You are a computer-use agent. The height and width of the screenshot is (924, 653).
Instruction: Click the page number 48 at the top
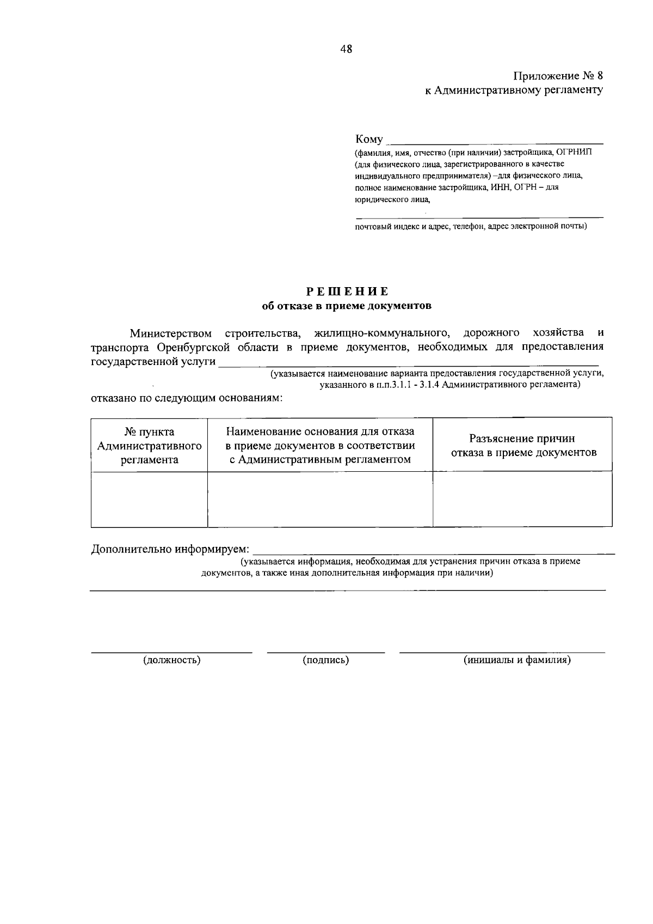[346, 49]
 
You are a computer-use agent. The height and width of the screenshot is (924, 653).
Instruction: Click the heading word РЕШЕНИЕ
[346, 291]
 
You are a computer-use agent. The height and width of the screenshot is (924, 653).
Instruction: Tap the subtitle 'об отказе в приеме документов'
[346, 306]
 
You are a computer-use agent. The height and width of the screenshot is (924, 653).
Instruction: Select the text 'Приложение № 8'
[558, 76]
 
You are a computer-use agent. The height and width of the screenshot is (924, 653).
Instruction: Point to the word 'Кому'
[369, 139]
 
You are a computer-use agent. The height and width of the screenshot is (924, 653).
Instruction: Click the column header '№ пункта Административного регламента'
[149, 446]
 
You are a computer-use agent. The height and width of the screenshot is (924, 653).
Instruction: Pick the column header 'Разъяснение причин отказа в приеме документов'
[522, 446]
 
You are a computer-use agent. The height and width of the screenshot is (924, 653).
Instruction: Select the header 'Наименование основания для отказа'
[320, 432]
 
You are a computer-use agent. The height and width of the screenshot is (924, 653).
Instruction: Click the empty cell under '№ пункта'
[149, 499]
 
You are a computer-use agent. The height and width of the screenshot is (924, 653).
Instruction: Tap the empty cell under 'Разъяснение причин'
[522, 499]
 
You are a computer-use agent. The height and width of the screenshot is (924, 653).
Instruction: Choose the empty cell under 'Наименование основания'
[320, 499]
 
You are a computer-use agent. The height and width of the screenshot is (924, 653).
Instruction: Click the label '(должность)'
[171, 660]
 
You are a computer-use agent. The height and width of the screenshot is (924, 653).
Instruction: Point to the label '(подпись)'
[325, 660]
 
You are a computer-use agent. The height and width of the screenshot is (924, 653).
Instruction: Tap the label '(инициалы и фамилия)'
[516, 660]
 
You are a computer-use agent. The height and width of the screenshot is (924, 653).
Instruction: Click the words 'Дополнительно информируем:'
[170, 549]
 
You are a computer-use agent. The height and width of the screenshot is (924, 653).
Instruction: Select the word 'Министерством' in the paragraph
[170, 333]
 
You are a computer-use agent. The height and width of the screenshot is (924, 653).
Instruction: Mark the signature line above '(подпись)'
[325, 652]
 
